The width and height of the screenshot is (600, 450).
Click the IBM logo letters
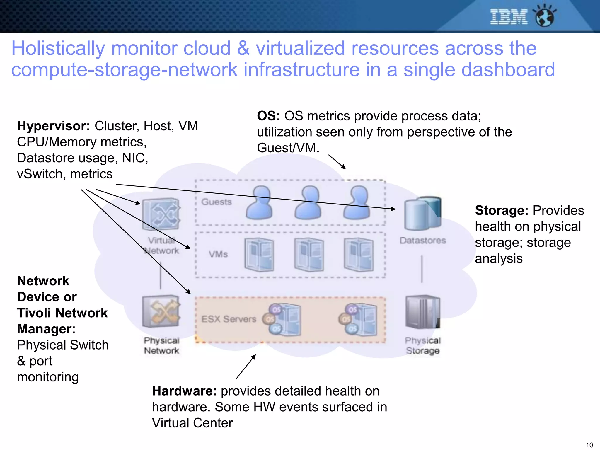pos(509,17)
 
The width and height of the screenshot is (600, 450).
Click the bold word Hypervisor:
pos(53,126)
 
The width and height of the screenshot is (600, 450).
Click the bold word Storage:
pos(501,210)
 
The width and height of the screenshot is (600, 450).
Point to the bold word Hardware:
pos(184,391)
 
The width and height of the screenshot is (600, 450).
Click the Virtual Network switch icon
pos(161,214)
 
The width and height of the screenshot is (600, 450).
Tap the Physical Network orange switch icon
pos(161,311)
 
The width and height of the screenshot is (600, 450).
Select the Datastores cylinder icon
pos(422,213)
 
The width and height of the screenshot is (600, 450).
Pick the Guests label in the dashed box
pos(217,202)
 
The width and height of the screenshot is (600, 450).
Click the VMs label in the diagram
pos(218,254)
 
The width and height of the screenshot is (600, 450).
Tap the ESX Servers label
pos(229,319)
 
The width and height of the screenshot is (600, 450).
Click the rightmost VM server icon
pos(359,254)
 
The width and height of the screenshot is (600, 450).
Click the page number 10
pos(589,445)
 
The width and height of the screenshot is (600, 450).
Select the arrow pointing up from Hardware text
pos(246,367)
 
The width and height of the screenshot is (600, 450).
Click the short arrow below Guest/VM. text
pos(337,162)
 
